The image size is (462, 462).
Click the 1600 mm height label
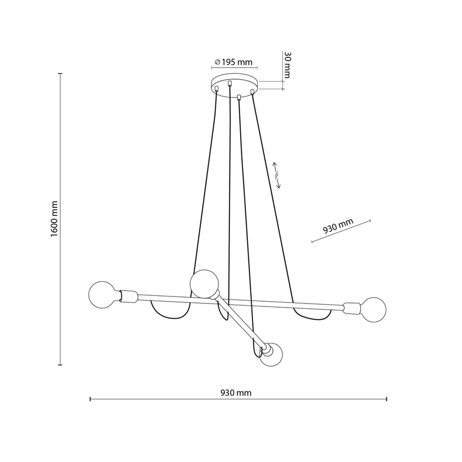(x=53, y=218)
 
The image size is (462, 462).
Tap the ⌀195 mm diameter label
(x=233, y=62)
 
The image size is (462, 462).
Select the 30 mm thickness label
(x=287, y=65)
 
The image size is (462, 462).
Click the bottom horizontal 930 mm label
(x=237, y=393)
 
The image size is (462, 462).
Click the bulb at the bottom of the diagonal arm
(x=272, y=356)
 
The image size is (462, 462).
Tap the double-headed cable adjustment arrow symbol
(x=276, y=176)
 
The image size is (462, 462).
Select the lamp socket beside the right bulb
(x=351, y=307)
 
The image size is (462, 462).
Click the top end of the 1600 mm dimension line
(x=60, y=73)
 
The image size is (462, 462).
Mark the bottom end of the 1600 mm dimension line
(x=60, y=365)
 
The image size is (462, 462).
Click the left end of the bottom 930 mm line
(x=90, y=399)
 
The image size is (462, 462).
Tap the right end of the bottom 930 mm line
(x=386, y=399)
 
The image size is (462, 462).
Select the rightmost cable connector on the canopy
(x=252, y=92)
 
